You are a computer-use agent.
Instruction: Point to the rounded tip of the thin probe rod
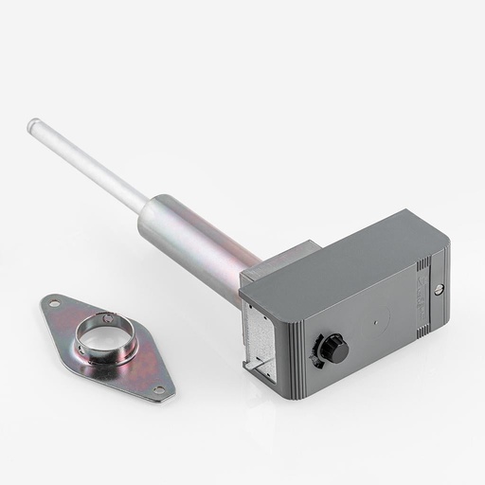click(x=33, y=123)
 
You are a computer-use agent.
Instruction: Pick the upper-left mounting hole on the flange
click(x=55, y=304)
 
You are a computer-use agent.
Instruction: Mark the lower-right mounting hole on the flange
click(x=158, y=388)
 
